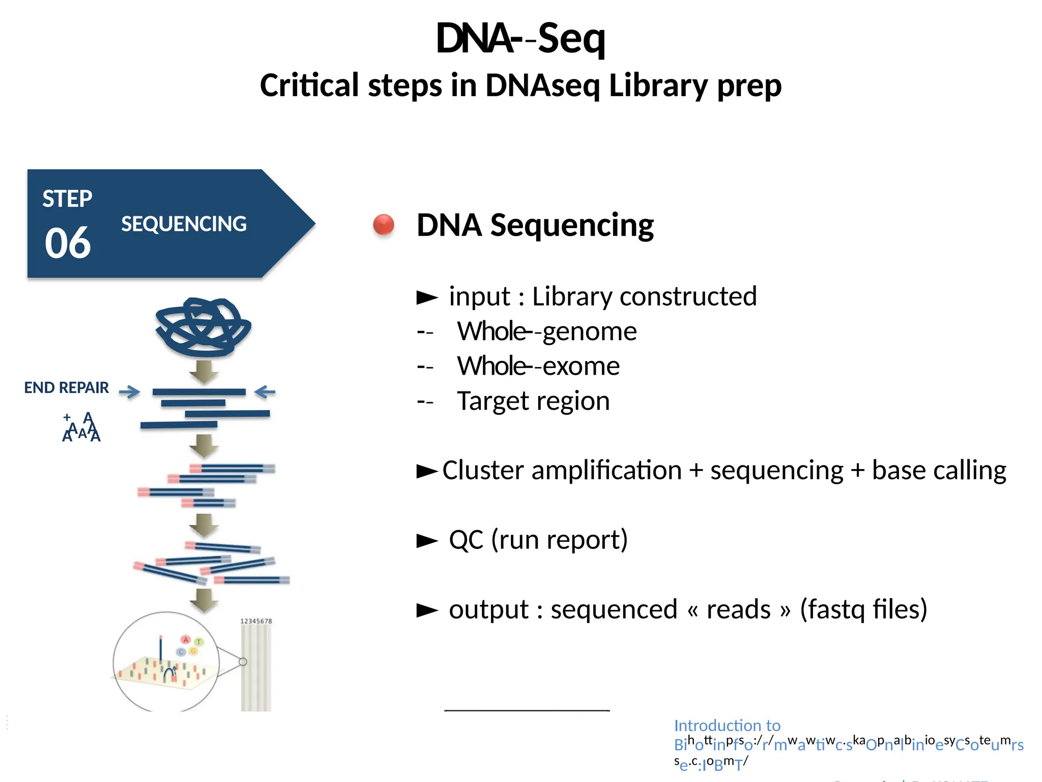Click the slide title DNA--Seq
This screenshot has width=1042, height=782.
coord(520,38)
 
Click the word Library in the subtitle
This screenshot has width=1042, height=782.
coord(658,85)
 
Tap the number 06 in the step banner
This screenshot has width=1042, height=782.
coord(68,243)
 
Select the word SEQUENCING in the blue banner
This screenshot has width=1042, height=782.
coord(184,224)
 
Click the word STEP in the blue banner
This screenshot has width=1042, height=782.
coord(67,199)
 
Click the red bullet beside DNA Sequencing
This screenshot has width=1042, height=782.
coord(384,225)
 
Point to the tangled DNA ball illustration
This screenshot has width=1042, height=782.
coord(203,327)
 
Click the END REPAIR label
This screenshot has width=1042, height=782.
coord(67,388)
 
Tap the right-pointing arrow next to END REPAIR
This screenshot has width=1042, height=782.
coord(129,392)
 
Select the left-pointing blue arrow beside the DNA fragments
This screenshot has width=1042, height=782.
coord(265,392)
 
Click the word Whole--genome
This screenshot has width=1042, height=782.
coord(546,331)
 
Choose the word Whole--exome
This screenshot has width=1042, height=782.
coord(538,366)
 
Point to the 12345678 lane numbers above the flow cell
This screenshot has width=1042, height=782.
coord(256,621)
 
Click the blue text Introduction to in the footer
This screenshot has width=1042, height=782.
coord(727,725)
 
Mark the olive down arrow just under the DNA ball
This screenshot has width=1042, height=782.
coord(204,372)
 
